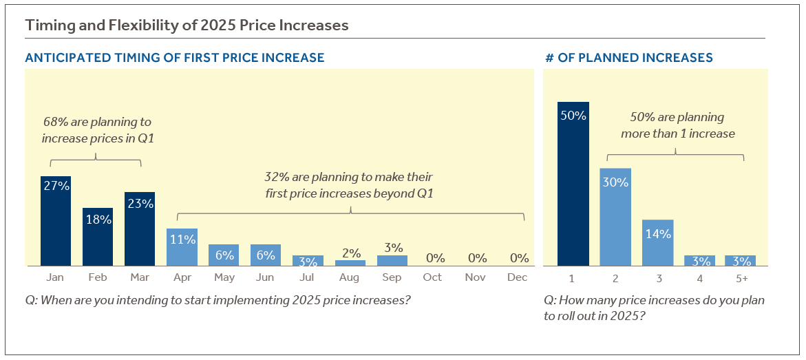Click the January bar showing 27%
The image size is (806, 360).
[56, 221]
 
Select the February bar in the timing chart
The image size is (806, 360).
[98, 237]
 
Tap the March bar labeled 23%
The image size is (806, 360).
[140, 229]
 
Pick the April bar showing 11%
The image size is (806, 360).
[182, 247]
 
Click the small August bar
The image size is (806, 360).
[350, 263]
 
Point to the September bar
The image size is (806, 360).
[392, 261]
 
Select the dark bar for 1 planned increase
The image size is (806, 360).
[573, 184]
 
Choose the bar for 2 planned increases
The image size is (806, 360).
[615, 217]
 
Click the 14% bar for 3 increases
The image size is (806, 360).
[657, 242]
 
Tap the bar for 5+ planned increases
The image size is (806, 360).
[741, 261]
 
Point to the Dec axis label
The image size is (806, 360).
[518, 277]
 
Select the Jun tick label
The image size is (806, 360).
[266, 277]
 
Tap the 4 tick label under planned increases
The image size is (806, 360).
[699, 278]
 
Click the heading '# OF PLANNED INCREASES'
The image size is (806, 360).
[628, 58]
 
